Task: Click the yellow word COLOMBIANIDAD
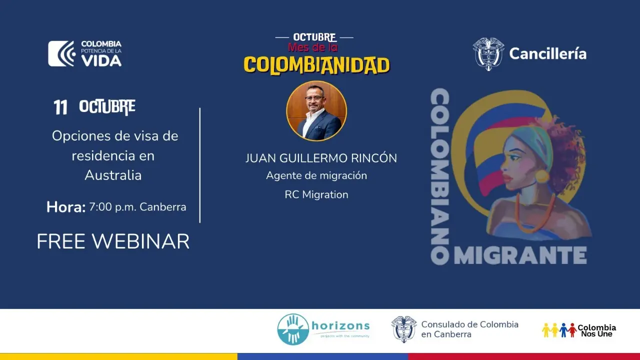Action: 316,65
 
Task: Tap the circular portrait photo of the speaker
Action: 316,111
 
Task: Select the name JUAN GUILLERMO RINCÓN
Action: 321,158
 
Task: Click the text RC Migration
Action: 316,194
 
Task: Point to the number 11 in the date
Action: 60,107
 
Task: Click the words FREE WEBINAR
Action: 113,241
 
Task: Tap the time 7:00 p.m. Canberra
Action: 137,207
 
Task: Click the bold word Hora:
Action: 66,207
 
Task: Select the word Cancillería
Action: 547,53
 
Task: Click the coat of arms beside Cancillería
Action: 488,54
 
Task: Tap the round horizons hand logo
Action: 293,329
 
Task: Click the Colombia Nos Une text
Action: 596,330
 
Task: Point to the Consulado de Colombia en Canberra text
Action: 469,329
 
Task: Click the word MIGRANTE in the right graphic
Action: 520,255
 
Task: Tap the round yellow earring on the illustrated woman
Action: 542,176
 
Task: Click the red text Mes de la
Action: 313,47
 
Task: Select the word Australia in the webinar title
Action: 113,175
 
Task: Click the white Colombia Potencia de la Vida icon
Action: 61,53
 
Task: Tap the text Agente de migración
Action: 316,175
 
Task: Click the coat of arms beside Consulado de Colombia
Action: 403,329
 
